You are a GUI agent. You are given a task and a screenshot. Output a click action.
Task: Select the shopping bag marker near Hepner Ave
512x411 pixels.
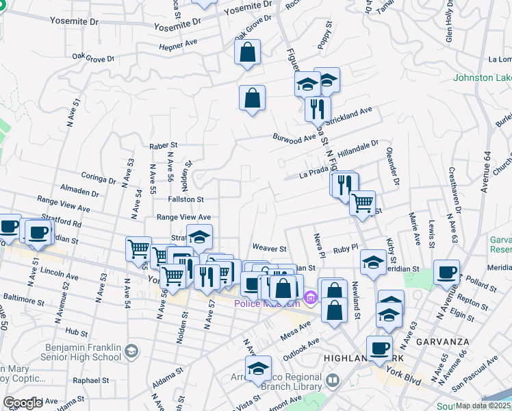pos(247,52)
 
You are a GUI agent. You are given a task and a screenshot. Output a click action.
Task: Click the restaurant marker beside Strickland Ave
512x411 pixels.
pos(317,109)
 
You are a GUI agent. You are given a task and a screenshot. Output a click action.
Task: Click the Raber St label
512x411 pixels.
pos(164,145)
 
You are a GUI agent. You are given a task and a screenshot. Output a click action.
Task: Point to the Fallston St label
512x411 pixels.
pos(185,199)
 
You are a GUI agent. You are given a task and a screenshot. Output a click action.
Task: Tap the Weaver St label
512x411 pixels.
pos(268,248)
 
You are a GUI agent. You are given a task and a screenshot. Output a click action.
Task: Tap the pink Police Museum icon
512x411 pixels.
pos(311,297)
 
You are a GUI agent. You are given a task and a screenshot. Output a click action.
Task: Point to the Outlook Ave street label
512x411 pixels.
pos(304,345)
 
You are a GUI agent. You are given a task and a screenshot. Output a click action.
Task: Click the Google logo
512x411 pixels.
pos(23,403)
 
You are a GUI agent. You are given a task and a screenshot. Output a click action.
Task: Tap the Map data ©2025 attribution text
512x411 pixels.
pos(483,406)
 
